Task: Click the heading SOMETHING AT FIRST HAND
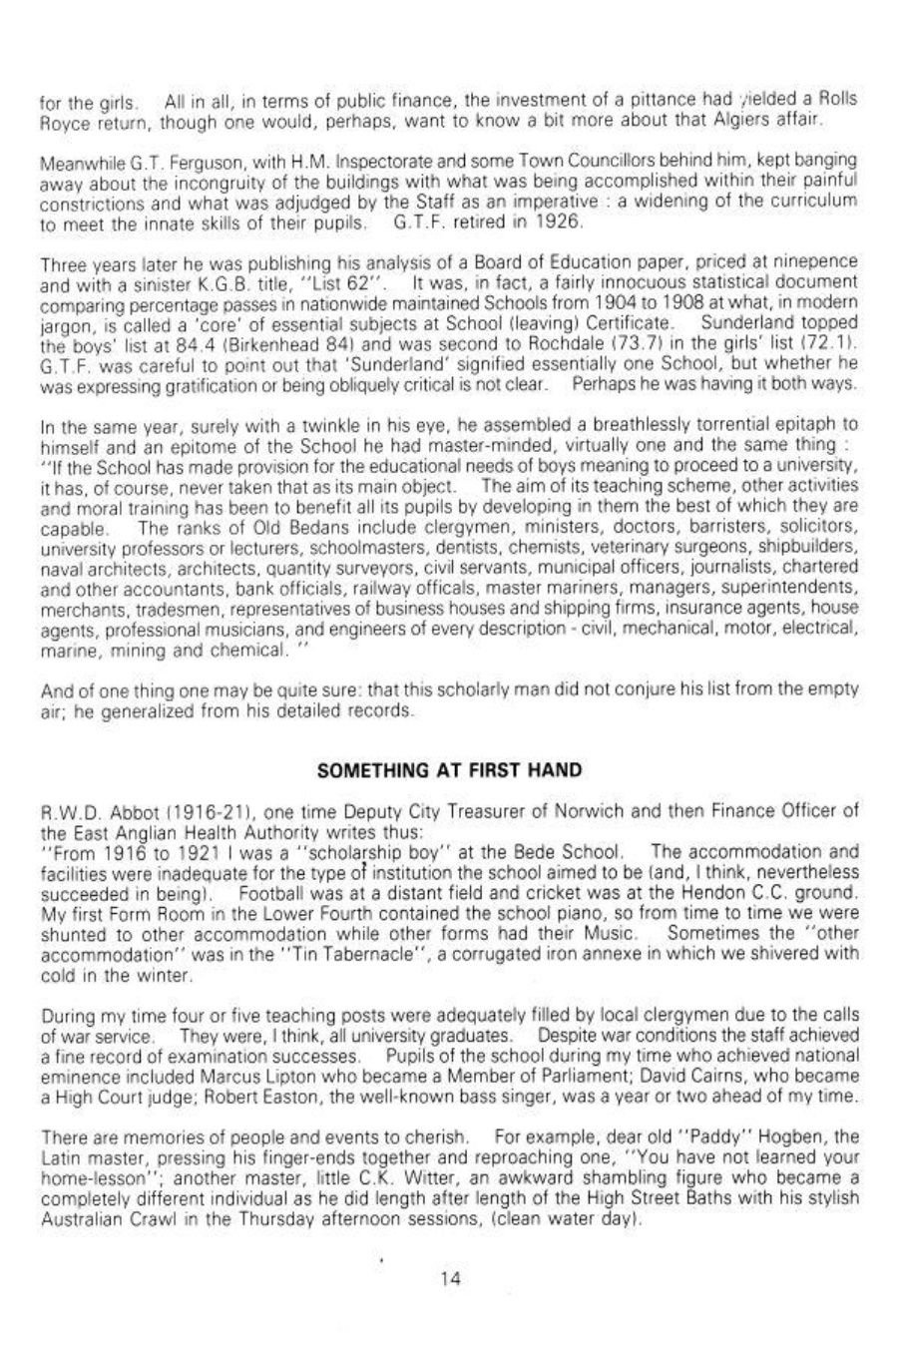point(448,770)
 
